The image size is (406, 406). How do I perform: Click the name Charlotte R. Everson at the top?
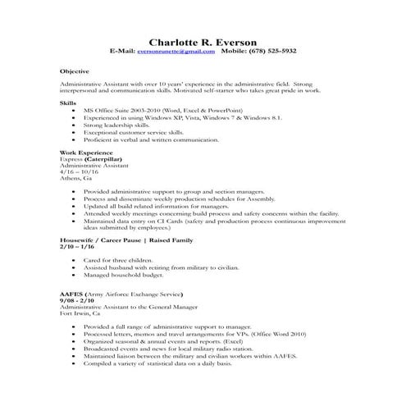pyautogui.click(x=203, y=41)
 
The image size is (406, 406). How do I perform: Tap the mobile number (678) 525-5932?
pyautogui.click(x=271, y=51)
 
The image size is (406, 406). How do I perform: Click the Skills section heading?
pyautogui.click(x=68, y=103)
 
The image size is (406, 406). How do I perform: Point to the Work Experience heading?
pyautogui.click(x=84, y=153)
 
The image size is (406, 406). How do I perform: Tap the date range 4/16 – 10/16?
pyautogui.click(x=80, y=172)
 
